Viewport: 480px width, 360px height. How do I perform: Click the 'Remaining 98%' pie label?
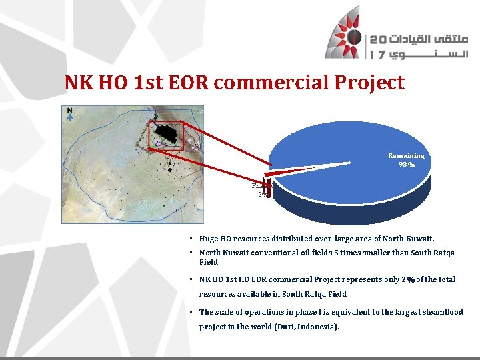point(406,160)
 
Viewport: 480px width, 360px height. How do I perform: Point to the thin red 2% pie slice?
point(293,170)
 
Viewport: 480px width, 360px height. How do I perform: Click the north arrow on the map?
point(69,114)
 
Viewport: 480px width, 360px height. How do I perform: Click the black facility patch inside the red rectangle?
point(170,135)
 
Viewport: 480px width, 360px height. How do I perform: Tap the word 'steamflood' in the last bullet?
point(444,312)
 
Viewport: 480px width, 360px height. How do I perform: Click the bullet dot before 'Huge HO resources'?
point(191,239)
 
